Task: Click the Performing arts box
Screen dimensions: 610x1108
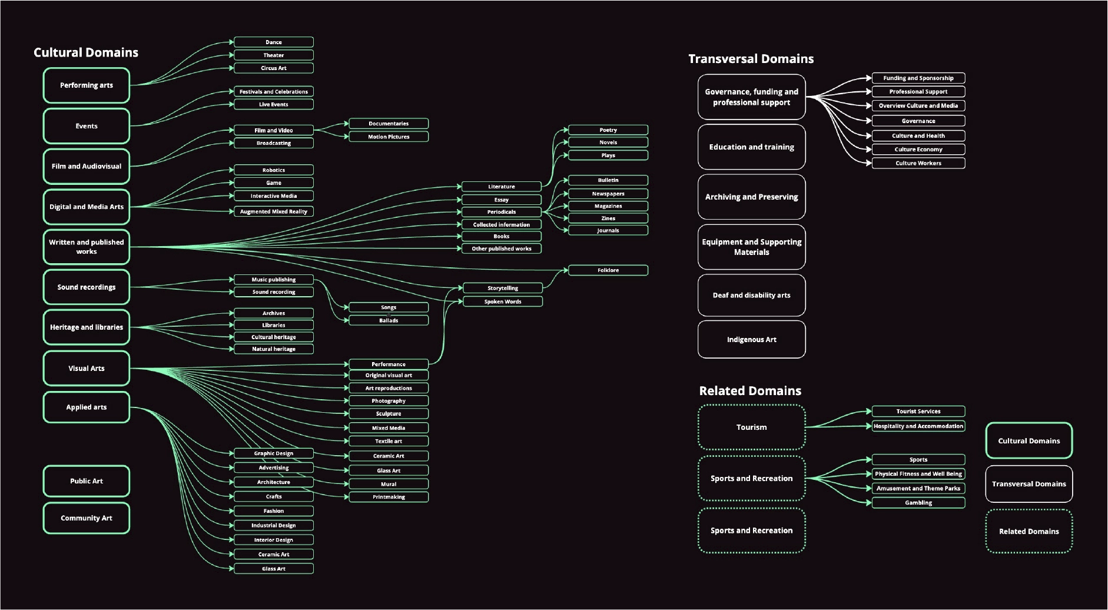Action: [x=87, y=85]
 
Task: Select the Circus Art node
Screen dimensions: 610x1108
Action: [x=274, y=68]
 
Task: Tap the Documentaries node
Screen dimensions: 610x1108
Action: [x=389, y=124]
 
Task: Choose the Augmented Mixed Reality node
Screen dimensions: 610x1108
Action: [x=274, y=211]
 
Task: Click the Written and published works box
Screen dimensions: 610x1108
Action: [x=87, y=247]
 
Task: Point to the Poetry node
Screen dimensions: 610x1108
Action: [x=608, y=130]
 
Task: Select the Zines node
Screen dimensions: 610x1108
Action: [x=608, y=218]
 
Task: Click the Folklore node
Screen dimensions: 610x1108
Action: [x=608, y=270]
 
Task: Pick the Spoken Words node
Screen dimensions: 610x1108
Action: [x=503, y=301]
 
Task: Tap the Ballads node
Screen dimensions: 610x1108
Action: [x=389, y=320]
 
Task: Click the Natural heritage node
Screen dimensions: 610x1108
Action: [x=274, y=349]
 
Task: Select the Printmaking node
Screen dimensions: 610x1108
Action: [x=389, y=497]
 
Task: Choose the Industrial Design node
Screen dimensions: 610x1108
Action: [x=274, y=525]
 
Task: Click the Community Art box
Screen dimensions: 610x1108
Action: [x=87, y=518]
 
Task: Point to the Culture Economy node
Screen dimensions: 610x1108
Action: [x=918, y=150]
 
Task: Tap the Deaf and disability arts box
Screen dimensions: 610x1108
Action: [x=751, y=296]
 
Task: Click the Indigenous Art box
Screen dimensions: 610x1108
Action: [x=751, y=340]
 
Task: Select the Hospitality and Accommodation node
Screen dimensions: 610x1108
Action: [x=918, y=426]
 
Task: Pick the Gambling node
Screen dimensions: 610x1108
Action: [x=918, y=503]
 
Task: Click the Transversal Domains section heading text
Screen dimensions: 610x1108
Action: [x=751, y=59]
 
